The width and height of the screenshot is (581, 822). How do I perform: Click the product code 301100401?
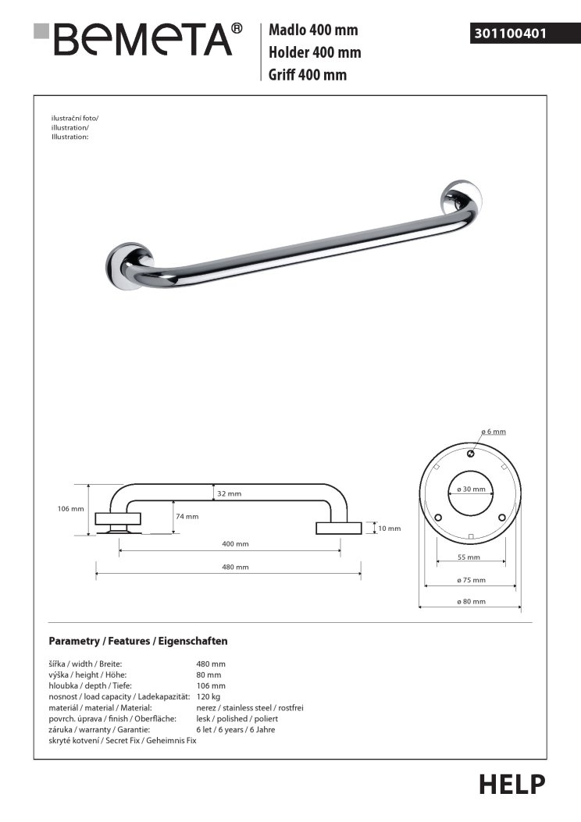(508, 34)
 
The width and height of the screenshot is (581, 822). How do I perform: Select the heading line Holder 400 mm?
(314, 52)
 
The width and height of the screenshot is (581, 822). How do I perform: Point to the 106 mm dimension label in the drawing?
(71, 509)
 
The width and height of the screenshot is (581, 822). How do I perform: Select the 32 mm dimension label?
(229, 493)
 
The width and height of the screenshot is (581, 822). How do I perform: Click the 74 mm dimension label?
(187, 516)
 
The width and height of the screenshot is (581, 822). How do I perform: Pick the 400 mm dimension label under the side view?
(235, 543)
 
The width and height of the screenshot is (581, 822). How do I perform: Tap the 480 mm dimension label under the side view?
(235, 567)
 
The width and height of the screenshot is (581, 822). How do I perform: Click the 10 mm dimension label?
(388, 528)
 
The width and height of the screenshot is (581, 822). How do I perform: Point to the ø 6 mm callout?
(494, 432)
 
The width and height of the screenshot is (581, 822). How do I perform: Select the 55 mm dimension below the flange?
(469, 557)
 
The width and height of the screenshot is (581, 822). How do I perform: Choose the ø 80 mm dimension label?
(471, 601)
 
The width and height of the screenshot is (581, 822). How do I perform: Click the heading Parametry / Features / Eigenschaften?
(138, 641)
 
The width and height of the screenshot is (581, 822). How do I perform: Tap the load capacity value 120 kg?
(209, 696)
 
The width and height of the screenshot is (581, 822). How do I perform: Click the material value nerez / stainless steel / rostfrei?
(250, 707)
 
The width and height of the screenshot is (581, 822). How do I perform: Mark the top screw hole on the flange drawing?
(471, 454)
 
